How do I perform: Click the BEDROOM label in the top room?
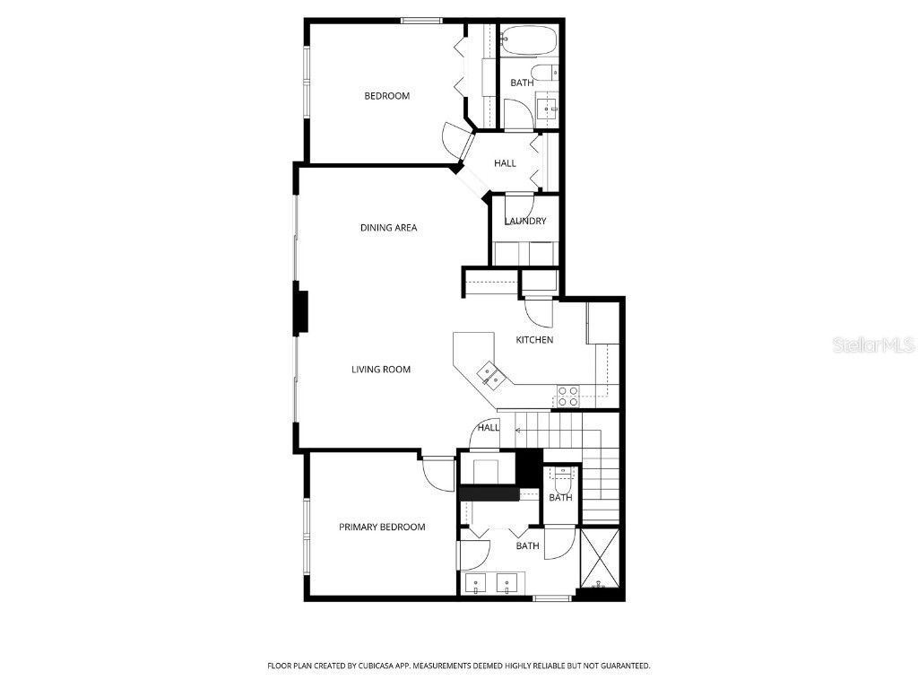(x=386, y=96)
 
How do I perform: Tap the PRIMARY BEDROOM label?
(x=382, y=528)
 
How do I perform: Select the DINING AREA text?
(x=388, y=228)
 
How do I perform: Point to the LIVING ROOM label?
(x=381, y=370)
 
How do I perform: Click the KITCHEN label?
(x=534, y=340)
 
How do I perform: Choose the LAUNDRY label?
(x=525, y=222)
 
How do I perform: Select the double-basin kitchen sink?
(x=489, y=372)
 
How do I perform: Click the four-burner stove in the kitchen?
(x=568, y=391)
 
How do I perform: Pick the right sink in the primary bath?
(x=508, y=584)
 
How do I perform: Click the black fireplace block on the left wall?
(x=302, y=311)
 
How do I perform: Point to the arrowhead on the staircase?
(x=519, y=432)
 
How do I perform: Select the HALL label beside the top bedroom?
(x=505, y=163)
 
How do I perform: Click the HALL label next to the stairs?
(x=489, y=428)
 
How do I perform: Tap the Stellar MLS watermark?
(x=873, y=344)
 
